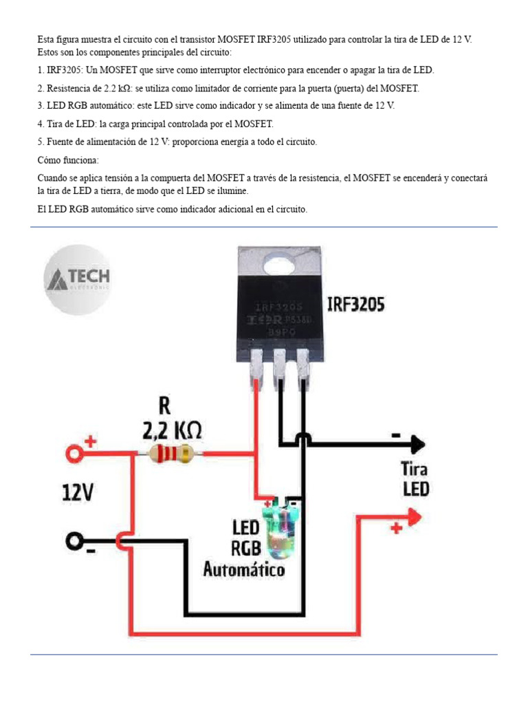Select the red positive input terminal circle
pos(74,452)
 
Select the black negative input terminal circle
pos(74,541)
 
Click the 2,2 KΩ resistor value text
pos(172,430)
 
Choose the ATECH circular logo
pos(78,279)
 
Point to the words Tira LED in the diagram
pos(415,479)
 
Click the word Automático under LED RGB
pos(243,569)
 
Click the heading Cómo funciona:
pos(68,159)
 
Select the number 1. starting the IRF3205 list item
pos(41,70)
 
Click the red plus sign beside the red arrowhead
pos(397,528)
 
